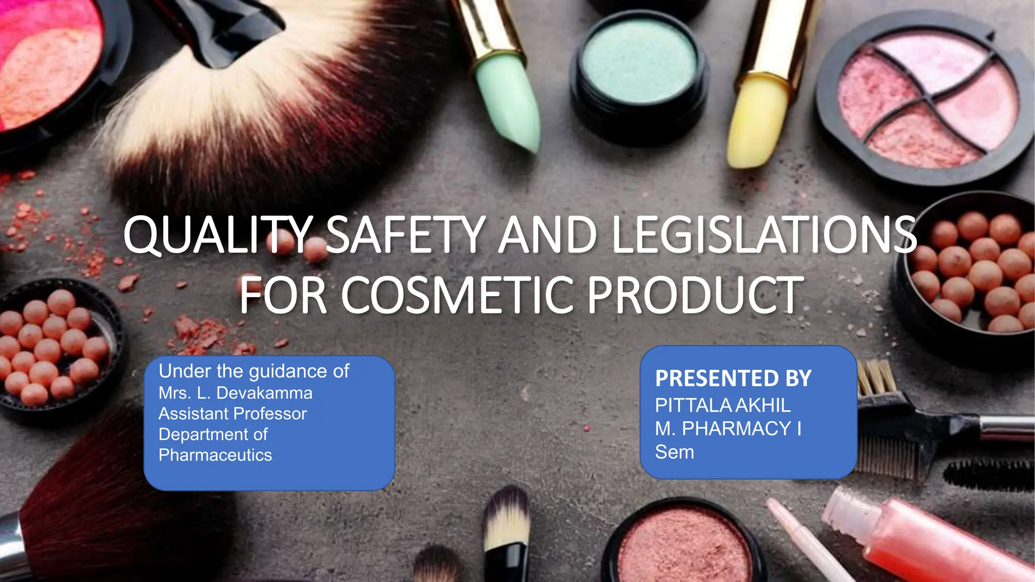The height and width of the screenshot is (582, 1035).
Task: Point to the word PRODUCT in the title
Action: (x=695, y=295)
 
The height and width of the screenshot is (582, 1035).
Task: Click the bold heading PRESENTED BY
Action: (x=733, y=378)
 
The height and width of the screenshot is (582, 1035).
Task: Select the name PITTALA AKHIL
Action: (x=723, y=405)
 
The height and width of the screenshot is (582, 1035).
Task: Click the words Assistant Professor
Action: (x=232, y=414)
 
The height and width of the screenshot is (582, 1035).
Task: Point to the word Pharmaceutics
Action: (x=215, y=455)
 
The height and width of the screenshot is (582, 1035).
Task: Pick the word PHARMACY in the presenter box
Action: (x=736, y=428)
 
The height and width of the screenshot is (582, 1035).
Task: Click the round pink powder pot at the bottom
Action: (x=685, y=546)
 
